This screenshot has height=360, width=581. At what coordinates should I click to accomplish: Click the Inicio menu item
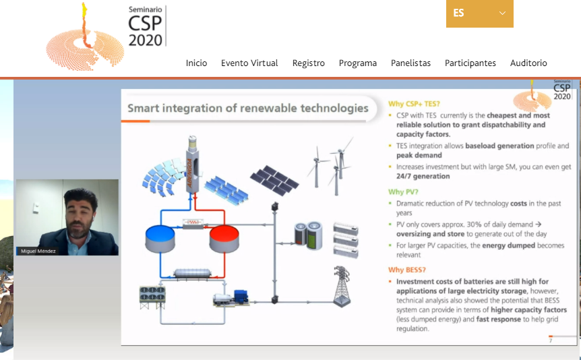coord(196,63)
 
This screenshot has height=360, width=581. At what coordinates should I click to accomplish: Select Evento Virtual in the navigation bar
coord(249,63)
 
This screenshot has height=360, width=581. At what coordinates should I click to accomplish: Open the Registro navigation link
coord(308,63)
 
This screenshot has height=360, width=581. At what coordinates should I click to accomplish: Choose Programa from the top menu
coord(358,63)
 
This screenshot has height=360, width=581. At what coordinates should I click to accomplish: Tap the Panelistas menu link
coord(410,63)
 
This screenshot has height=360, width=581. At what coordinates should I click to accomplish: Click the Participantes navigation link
coord(470,63)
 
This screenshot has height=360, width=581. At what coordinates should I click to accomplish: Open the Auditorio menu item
coord(528,63)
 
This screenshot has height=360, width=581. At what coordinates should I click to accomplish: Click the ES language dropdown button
coord(479,13)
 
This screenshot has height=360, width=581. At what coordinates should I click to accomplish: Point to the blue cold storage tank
coord(160,239)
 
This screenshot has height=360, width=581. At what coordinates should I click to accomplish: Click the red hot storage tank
coord(224,239)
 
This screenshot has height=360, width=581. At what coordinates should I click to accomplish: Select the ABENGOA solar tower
coord(193,164)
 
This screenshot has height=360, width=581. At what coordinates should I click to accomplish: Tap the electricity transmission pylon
coord(342,287)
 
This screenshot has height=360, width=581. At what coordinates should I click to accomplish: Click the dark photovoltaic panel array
coord(274,180)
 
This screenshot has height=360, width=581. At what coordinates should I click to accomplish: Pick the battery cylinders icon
coord(308,235)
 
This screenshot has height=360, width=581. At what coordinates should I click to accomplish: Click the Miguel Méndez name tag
coord(38,251)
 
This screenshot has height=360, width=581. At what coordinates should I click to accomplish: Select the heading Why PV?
coord(403,191)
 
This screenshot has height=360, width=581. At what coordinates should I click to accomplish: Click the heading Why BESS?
coord(407,270)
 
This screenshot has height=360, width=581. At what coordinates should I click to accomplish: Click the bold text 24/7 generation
coord(423,176)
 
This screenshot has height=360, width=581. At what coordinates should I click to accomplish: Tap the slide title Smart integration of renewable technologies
coord(248,109)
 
